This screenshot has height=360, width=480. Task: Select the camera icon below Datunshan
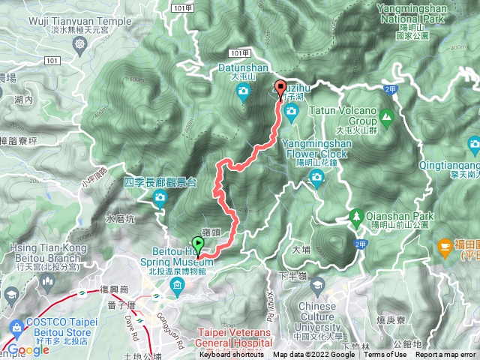(x=243, y=91)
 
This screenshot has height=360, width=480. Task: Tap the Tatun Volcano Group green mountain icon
(x=386, y=116)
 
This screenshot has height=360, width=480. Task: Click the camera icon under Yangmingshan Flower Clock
(x=316, y=178)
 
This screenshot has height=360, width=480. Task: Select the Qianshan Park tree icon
(x=358, y=219)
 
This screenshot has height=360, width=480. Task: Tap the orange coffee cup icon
(x=445, y=245)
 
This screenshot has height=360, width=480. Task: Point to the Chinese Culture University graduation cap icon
(x=317, y=286)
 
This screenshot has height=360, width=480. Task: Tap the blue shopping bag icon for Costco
(x=16, y=328)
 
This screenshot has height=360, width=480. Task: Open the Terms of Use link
(x=385, y=355)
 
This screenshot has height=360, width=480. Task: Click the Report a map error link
(x=445, y=355)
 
